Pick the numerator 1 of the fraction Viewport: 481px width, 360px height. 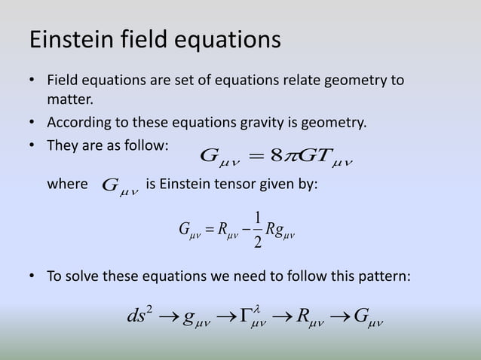(259, 216)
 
